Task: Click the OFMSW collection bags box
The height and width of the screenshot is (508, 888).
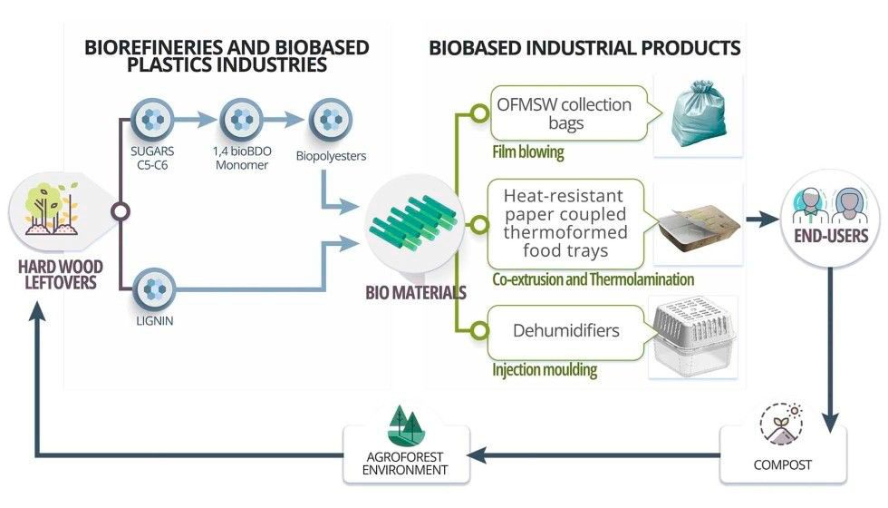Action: [x=564, y=113]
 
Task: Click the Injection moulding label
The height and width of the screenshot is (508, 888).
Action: [x=544, y=370]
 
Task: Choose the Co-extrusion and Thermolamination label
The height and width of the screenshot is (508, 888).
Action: [x=594, y=279]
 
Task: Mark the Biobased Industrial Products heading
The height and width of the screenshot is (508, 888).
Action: [x=584, y=47]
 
